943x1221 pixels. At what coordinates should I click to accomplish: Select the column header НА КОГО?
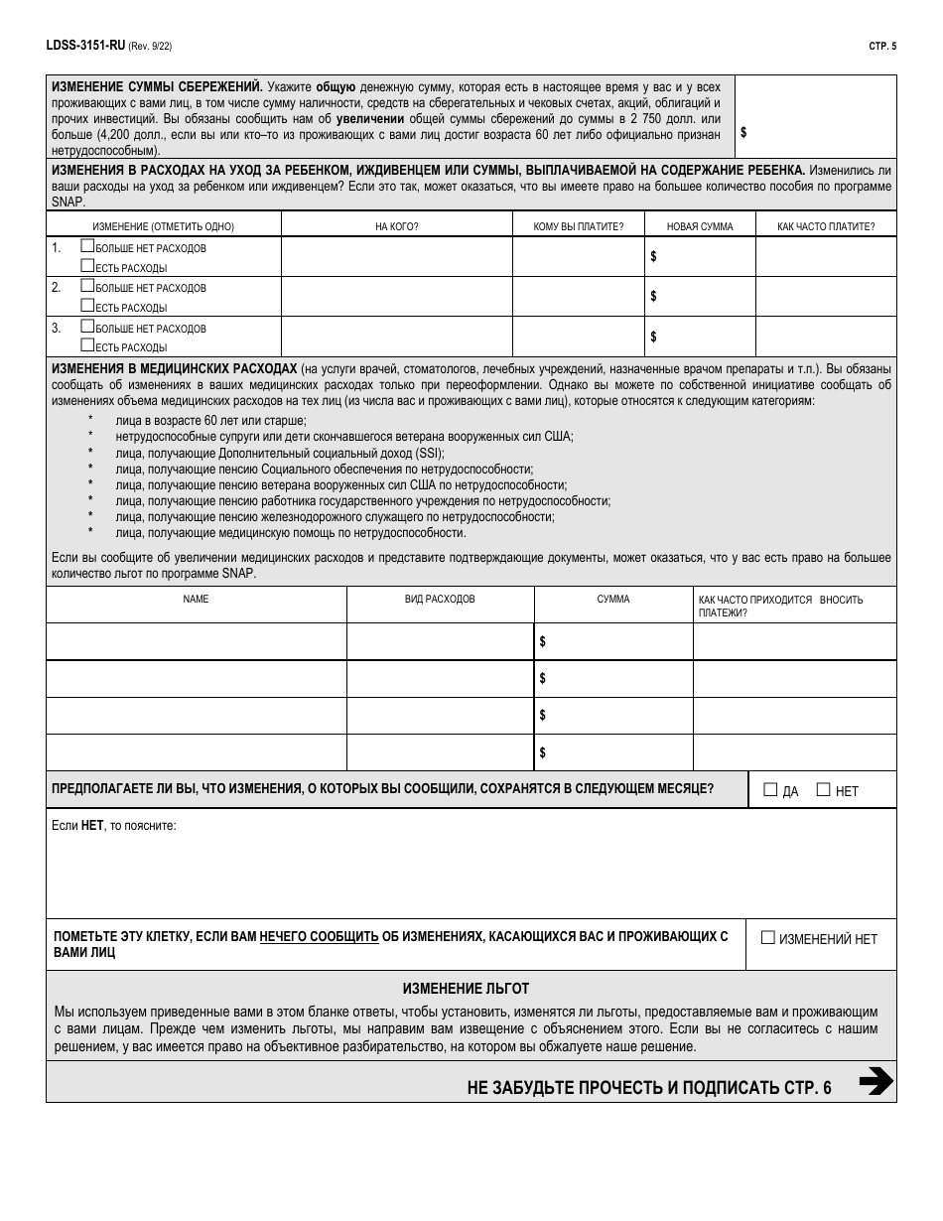coord(396,226)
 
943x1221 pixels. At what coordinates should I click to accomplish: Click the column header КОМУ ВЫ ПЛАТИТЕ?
coord(578,226)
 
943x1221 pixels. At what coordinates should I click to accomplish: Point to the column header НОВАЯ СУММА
coord(700,226)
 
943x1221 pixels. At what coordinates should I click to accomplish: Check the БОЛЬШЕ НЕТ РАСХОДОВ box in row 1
coord(87,247)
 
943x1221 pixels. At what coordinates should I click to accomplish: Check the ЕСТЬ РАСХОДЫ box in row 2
coord(87,307)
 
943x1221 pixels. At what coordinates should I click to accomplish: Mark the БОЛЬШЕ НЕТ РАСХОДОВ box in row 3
coord(87,327)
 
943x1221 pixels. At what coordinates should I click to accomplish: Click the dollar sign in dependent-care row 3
coord(653,337)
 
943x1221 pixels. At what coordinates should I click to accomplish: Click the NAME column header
coord(196,600)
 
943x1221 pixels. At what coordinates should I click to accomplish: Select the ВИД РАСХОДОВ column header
coord(440,600)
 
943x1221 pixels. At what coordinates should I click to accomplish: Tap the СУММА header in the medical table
coord(612,600)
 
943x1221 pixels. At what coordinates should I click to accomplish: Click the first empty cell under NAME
coord(196,641)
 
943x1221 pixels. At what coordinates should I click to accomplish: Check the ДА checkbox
coord(770,790)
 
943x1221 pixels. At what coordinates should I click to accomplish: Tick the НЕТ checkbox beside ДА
coord(823,790)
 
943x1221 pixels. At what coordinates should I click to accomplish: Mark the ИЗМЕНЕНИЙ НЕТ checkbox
coord(767,937)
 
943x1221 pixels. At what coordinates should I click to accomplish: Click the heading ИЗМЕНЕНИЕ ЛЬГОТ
coord(466,989)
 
